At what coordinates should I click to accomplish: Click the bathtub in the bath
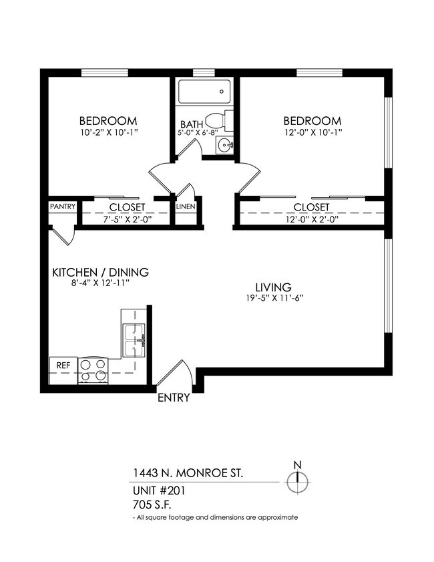point(204,92)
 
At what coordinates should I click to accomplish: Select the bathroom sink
point(226,144)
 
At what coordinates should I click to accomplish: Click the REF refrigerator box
point(63,366)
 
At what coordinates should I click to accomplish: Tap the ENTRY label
point(174,398)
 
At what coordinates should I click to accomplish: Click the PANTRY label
point(63,207)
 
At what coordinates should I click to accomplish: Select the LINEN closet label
point(186,207)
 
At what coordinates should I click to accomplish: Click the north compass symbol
point(298,480)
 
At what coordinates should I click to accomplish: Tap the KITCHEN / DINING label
point(100,273)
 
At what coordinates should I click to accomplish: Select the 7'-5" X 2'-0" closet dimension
point(127,218)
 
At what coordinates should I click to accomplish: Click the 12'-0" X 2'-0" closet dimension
point(312,218)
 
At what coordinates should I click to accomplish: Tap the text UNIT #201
point(160,490)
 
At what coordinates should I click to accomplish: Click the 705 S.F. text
point(154,505)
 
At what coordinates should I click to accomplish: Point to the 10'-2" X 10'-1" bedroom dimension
point(108,132)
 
